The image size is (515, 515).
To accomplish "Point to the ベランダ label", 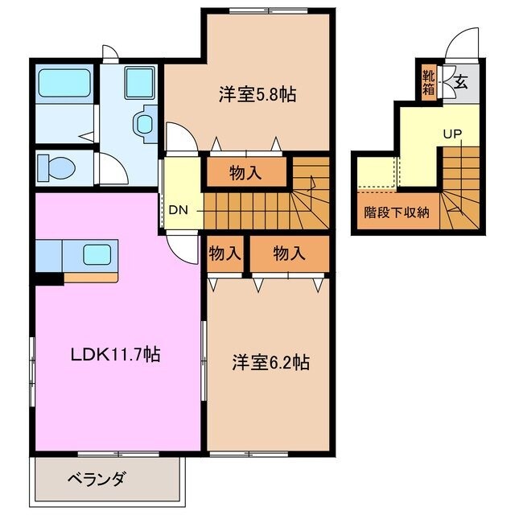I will pyautogui.click(x=97, y=480).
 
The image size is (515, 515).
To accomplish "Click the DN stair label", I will pyautogui.click(x=179, y=211).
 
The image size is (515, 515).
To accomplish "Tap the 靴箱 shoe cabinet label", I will pyautogui.click(x=429, y=83).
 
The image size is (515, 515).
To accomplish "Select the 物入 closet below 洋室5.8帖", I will pyautogui.click(x=245, y=171).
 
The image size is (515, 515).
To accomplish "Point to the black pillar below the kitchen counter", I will pyautogui.click(x=49, y=280).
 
